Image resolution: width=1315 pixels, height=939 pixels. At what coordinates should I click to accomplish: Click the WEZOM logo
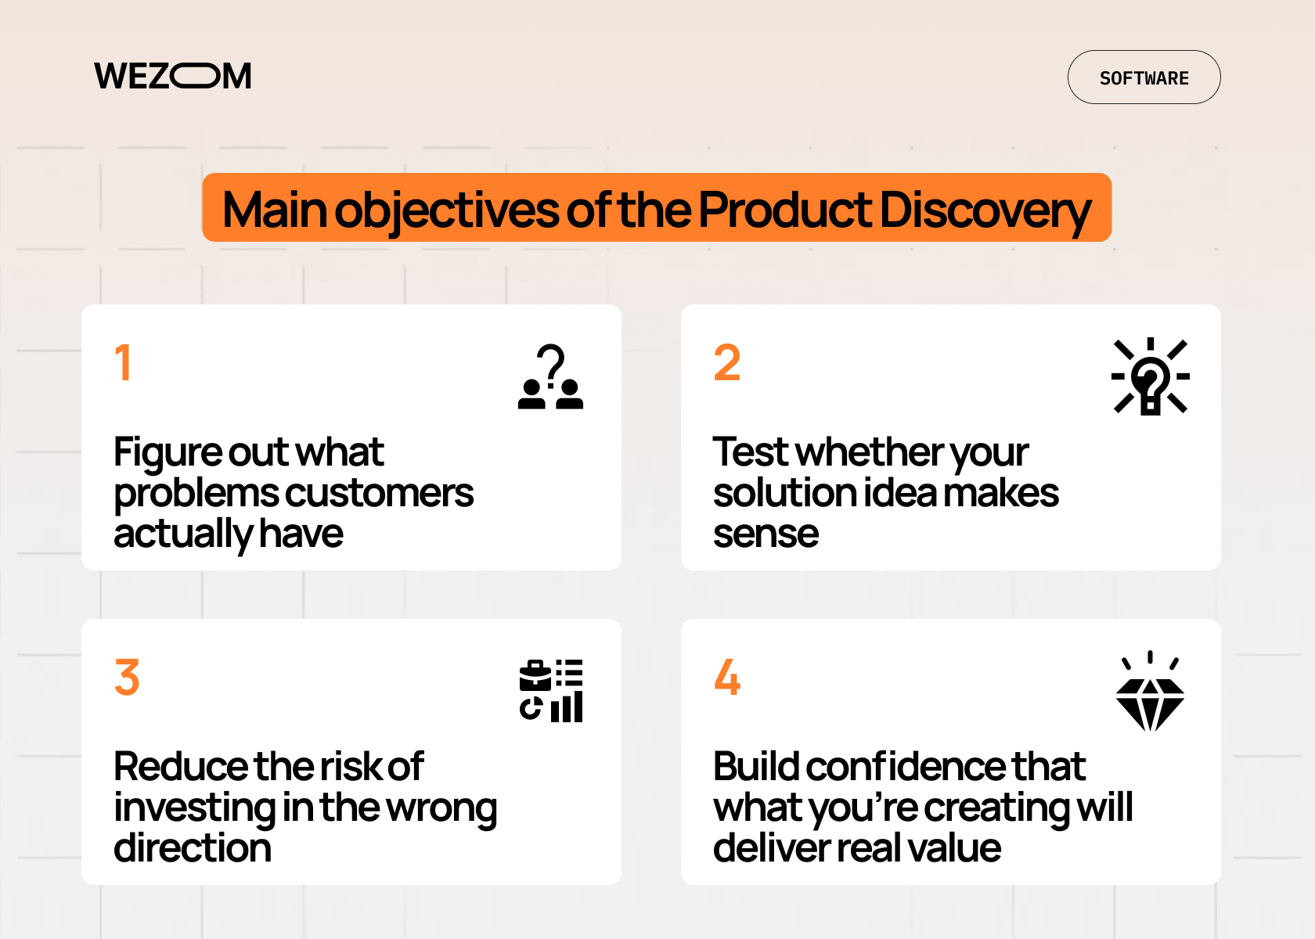[x=173, y=76]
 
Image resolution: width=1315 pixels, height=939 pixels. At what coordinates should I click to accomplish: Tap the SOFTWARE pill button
[x=1144, y=77]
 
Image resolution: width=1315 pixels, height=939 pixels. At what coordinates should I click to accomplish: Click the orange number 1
[x=123, y=363]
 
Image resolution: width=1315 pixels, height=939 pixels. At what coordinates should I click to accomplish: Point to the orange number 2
[x=726, y=363]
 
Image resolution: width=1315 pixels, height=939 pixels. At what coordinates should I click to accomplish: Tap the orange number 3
[x=127, y=678]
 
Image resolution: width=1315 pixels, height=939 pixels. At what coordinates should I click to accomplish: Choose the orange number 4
[x=727, y=678]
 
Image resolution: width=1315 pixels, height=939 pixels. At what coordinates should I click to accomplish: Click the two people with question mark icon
[x=551, y=377]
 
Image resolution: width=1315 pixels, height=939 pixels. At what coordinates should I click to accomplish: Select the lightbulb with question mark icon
[x=1150, y=376]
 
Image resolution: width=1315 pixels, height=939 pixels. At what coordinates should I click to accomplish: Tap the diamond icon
[x=1150, y=694]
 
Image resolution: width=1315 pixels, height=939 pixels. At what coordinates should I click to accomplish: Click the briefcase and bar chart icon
[x=551, y=691]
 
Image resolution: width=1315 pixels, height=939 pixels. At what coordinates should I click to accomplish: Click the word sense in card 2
[x=766, y=534]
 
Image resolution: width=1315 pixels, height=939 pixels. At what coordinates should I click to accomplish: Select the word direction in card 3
[x=193, y=848]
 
